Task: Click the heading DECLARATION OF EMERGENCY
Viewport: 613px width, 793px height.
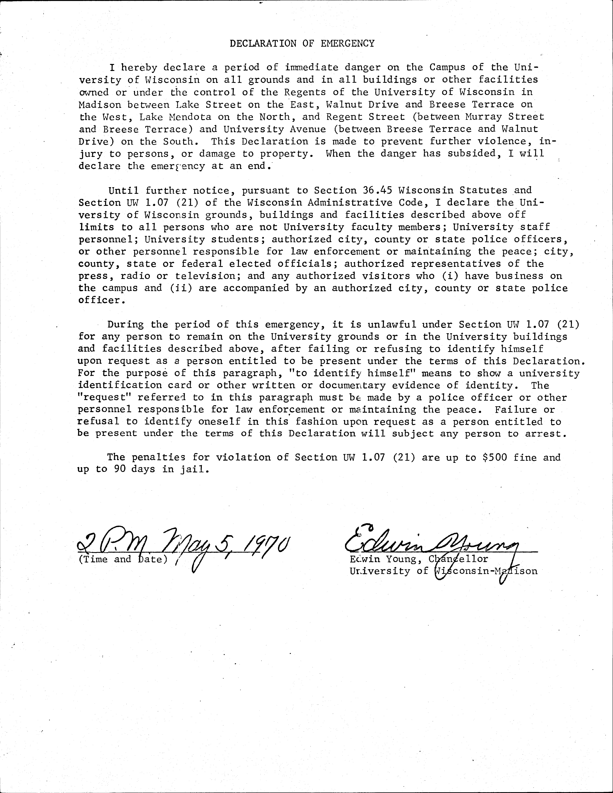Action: tap(302, 44)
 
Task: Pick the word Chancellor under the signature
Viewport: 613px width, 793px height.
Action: tap(458, 559)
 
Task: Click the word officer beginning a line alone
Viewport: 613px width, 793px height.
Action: tap(100, 300)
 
